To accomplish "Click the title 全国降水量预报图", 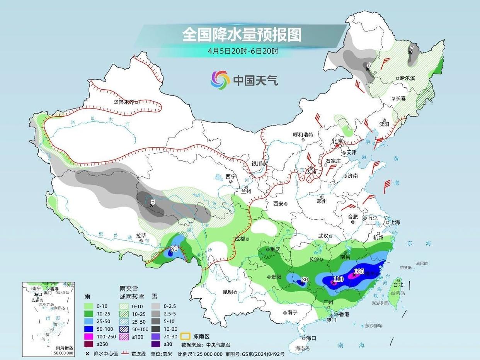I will pyautogui.click(x=242, y=35).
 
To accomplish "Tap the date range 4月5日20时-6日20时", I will pyautogui.click(x=243, y=51).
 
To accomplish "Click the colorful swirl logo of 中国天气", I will pyautogui.click(x=220, y=80).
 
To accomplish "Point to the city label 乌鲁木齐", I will pyautogui.click(x=123, y=102).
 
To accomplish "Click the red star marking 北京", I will pyautogui.click(x=337, y=146).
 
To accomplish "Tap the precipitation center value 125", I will pyautogui.click(x=359, y=272).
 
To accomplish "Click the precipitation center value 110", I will pyautogui.click(x=338, y=279).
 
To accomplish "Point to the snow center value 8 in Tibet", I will pyautogui.click(x=153, y=201).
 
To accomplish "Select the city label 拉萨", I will pyautogui.click(x=141, y=235).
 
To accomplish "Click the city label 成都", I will pyautogui.click(x=240, y=239).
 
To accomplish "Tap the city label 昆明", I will pyautogui.click(x=228, y=292).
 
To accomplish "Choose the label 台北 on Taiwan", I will pyautogui.click(x=398, y=284).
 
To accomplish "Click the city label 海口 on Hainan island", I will pyautogui.click(x=311, y=338).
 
